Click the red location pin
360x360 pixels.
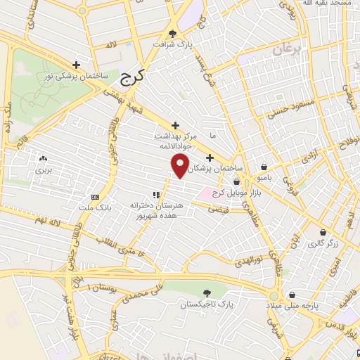(x=181, y=166)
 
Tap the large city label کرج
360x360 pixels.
(x=131, y=77)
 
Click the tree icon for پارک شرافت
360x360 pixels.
(x=174, y=33)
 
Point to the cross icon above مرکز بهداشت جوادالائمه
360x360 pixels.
(x=175, y=125)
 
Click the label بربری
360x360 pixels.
(x=44, y=170)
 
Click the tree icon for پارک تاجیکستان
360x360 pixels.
(x=205, y=293)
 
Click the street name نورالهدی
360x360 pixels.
(x=252, y=261)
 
